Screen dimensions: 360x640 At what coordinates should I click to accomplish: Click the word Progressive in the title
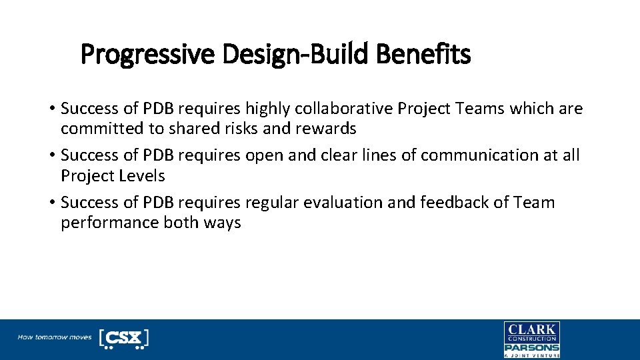point(148,55)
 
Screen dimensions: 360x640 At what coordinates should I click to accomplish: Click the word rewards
point(327,129)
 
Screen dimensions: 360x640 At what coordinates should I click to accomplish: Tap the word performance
point(109,223)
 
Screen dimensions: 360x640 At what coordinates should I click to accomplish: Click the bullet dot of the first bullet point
point(51,109)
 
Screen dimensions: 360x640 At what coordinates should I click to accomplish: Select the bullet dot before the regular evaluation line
point(51,203)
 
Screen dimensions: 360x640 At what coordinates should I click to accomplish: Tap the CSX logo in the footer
point(123,338)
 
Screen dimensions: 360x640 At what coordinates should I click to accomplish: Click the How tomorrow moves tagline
point(55,337)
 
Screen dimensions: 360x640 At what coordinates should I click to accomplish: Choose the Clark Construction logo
point(531,332)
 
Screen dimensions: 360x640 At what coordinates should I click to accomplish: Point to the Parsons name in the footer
point(531,347)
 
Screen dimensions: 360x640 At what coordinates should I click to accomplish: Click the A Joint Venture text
point(531,355)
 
